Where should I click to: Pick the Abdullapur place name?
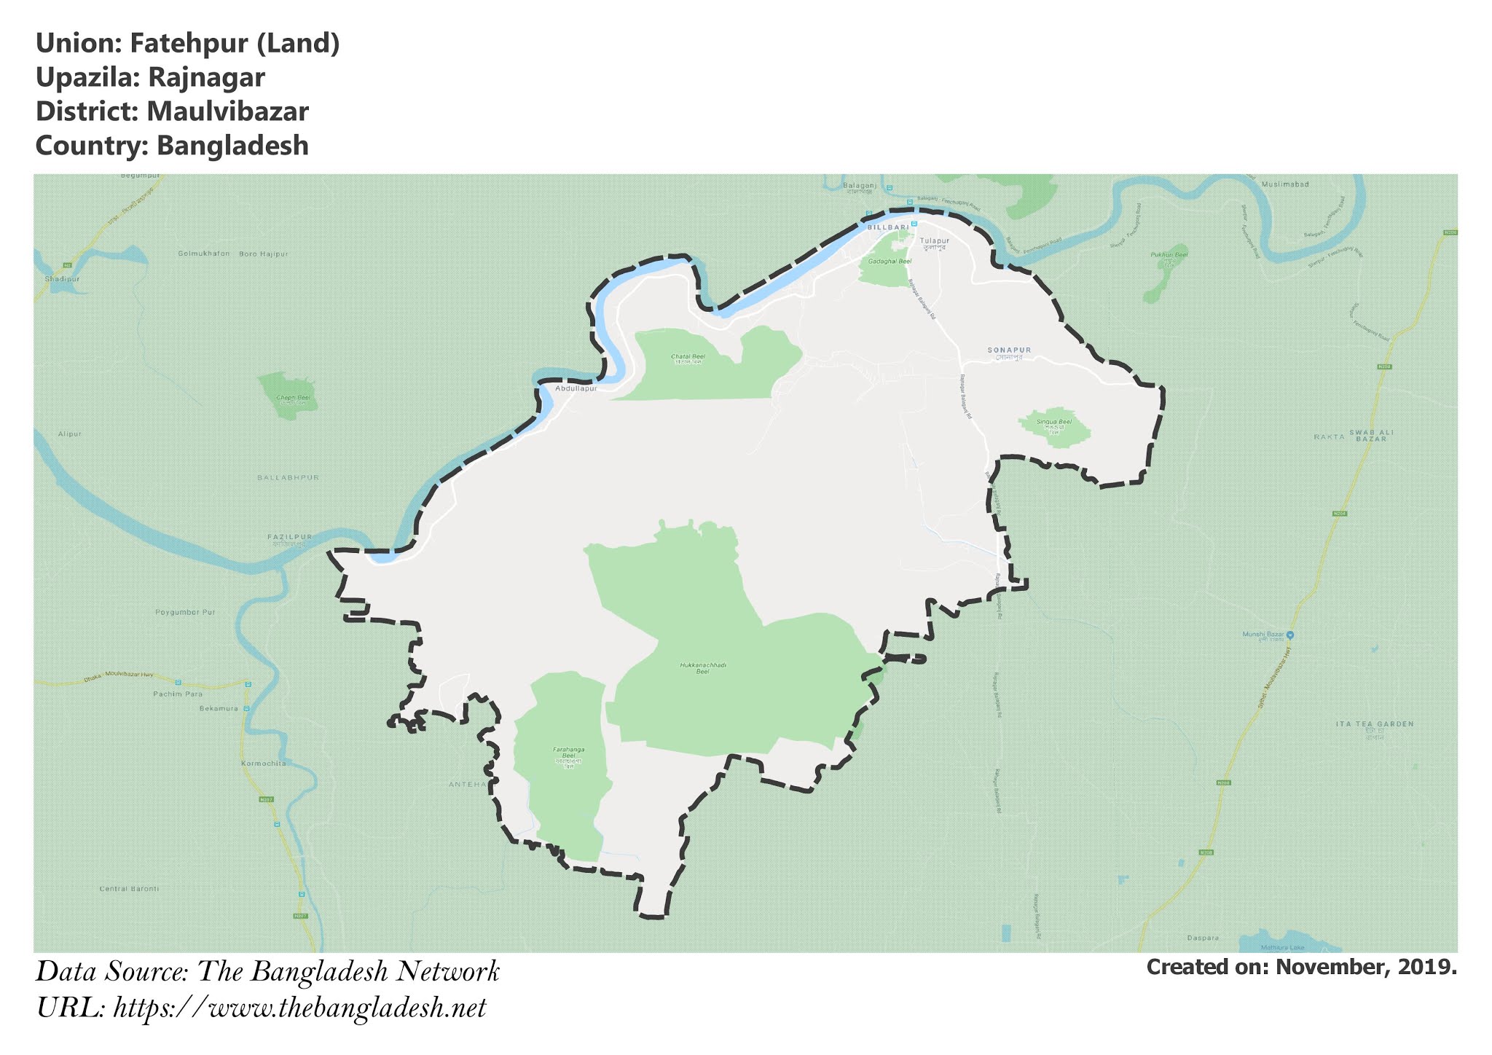pyautogui.click(x=576, y=389)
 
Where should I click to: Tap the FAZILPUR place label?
pyautogui.click(x=289, y=537)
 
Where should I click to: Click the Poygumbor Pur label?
pyautogui.click(x=185, y=612)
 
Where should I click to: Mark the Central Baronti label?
pyautogui.click(x=129, y=889)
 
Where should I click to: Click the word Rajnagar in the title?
pyautogui.click(x=206, y=77)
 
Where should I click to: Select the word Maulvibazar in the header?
pyautogui.click(x=227, y=111)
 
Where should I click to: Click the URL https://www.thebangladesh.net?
pyautogui.click(x=299, y=1008)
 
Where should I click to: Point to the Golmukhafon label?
pyautogui.click(x=203, y=254)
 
